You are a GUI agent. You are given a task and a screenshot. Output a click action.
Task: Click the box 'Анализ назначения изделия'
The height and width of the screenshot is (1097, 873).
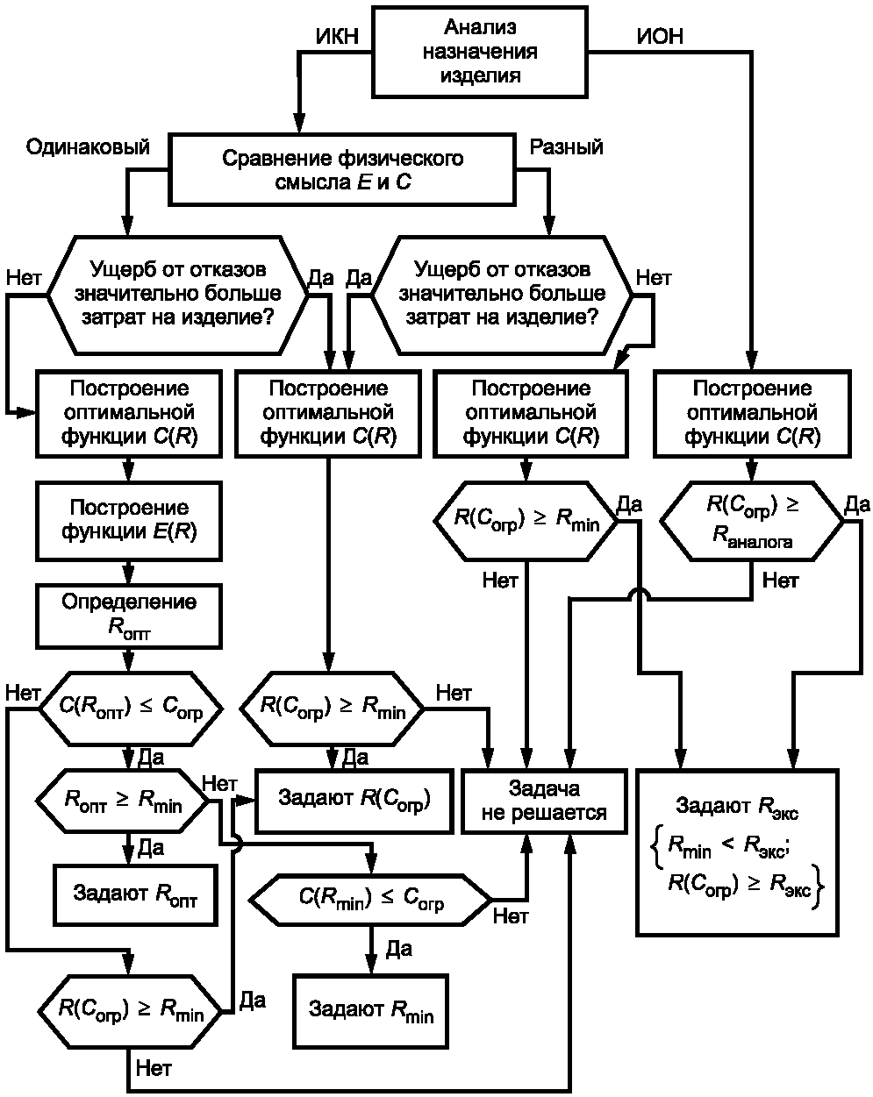pyautogui.click(x=480, y=51)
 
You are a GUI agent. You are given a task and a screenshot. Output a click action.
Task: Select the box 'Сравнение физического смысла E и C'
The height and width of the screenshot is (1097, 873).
pyautogui.click(x=342, y=170)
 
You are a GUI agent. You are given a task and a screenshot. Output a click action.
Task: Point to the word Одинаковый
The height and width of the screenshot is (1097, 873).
pyautogui.click(x=88, y=146)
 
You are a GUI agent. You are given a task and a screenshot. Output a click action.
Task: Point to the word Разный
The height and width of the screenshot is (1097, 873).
pyautogui.click(x=566, y=146)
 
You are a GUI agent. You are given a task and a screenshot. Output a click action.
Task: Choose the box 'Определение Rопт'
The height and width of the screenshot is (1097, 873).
pyautogui.click(x=129, y=615)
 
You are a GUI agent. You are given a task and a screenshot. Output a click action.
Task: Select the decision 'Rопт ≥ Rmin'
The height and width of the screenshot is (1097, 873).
pyautogui.click(x=124, y=800)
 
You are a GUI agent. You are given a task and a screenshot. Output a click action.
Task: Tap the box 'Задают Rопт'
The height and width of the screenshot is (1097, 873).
pyautogui.click(x=135, y=894)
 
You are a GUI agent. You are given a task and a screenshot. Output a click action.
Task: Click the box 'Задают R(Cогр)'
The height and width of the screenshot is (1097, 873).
pyautogui.click(x=354, y=800)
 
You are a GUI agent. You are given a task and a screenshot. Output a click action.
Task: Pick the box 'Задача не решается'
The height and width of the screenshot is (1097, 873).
pyautogui.click(x=544, y=801)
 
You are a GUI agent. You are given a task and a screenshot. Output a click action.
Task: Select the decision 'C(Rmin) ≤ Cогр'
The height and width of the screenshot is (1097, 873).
pyautogui.click(x=371, y=898)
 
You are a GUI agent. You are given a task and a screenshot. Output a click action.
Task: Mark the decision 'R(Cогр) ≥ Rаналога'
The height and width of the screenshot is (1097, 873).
pyautogui.click(x=751, y=521)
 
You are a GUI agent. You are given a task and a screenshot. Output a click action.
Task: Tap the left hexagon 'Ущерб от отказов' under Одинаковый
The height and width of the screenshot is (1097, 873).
pyautogui.click(x=176, y=293)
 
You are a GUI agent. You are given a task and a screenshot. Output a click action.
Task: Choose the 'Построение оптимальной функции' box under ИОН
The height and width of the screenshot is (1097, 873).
pyautogui.click(x=752, y=412)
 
